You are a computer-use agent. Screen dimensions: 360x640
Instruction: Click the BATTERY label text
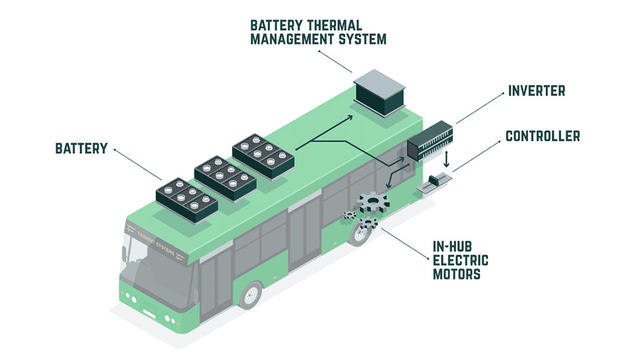(81, 149)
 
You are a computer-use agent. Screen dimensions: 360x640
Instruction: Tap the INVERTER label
(536, 91)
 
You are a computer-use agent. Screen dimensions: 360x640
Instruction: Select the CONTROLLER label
(542, 136)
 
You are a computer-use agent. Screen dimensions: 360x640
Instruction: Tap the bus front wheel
(251, 296)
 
